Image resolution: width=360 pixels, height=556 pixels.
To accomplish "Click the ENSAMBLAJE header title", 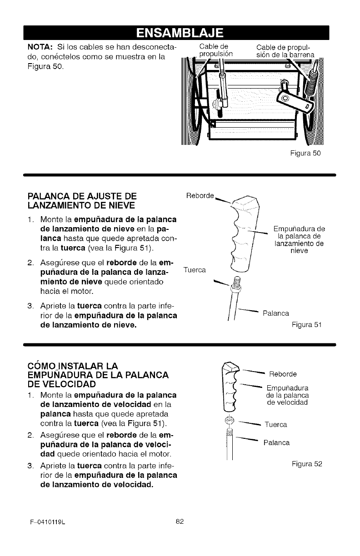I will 180,33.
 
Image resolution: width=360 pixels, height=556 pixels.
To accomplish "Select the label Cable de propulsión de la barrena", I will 280,50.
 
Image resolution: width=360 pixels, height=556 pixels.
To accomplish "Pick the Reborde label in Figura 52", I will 283,374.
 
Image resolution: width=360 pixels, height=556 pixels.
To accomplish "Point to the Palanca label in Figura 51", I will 275,313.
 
